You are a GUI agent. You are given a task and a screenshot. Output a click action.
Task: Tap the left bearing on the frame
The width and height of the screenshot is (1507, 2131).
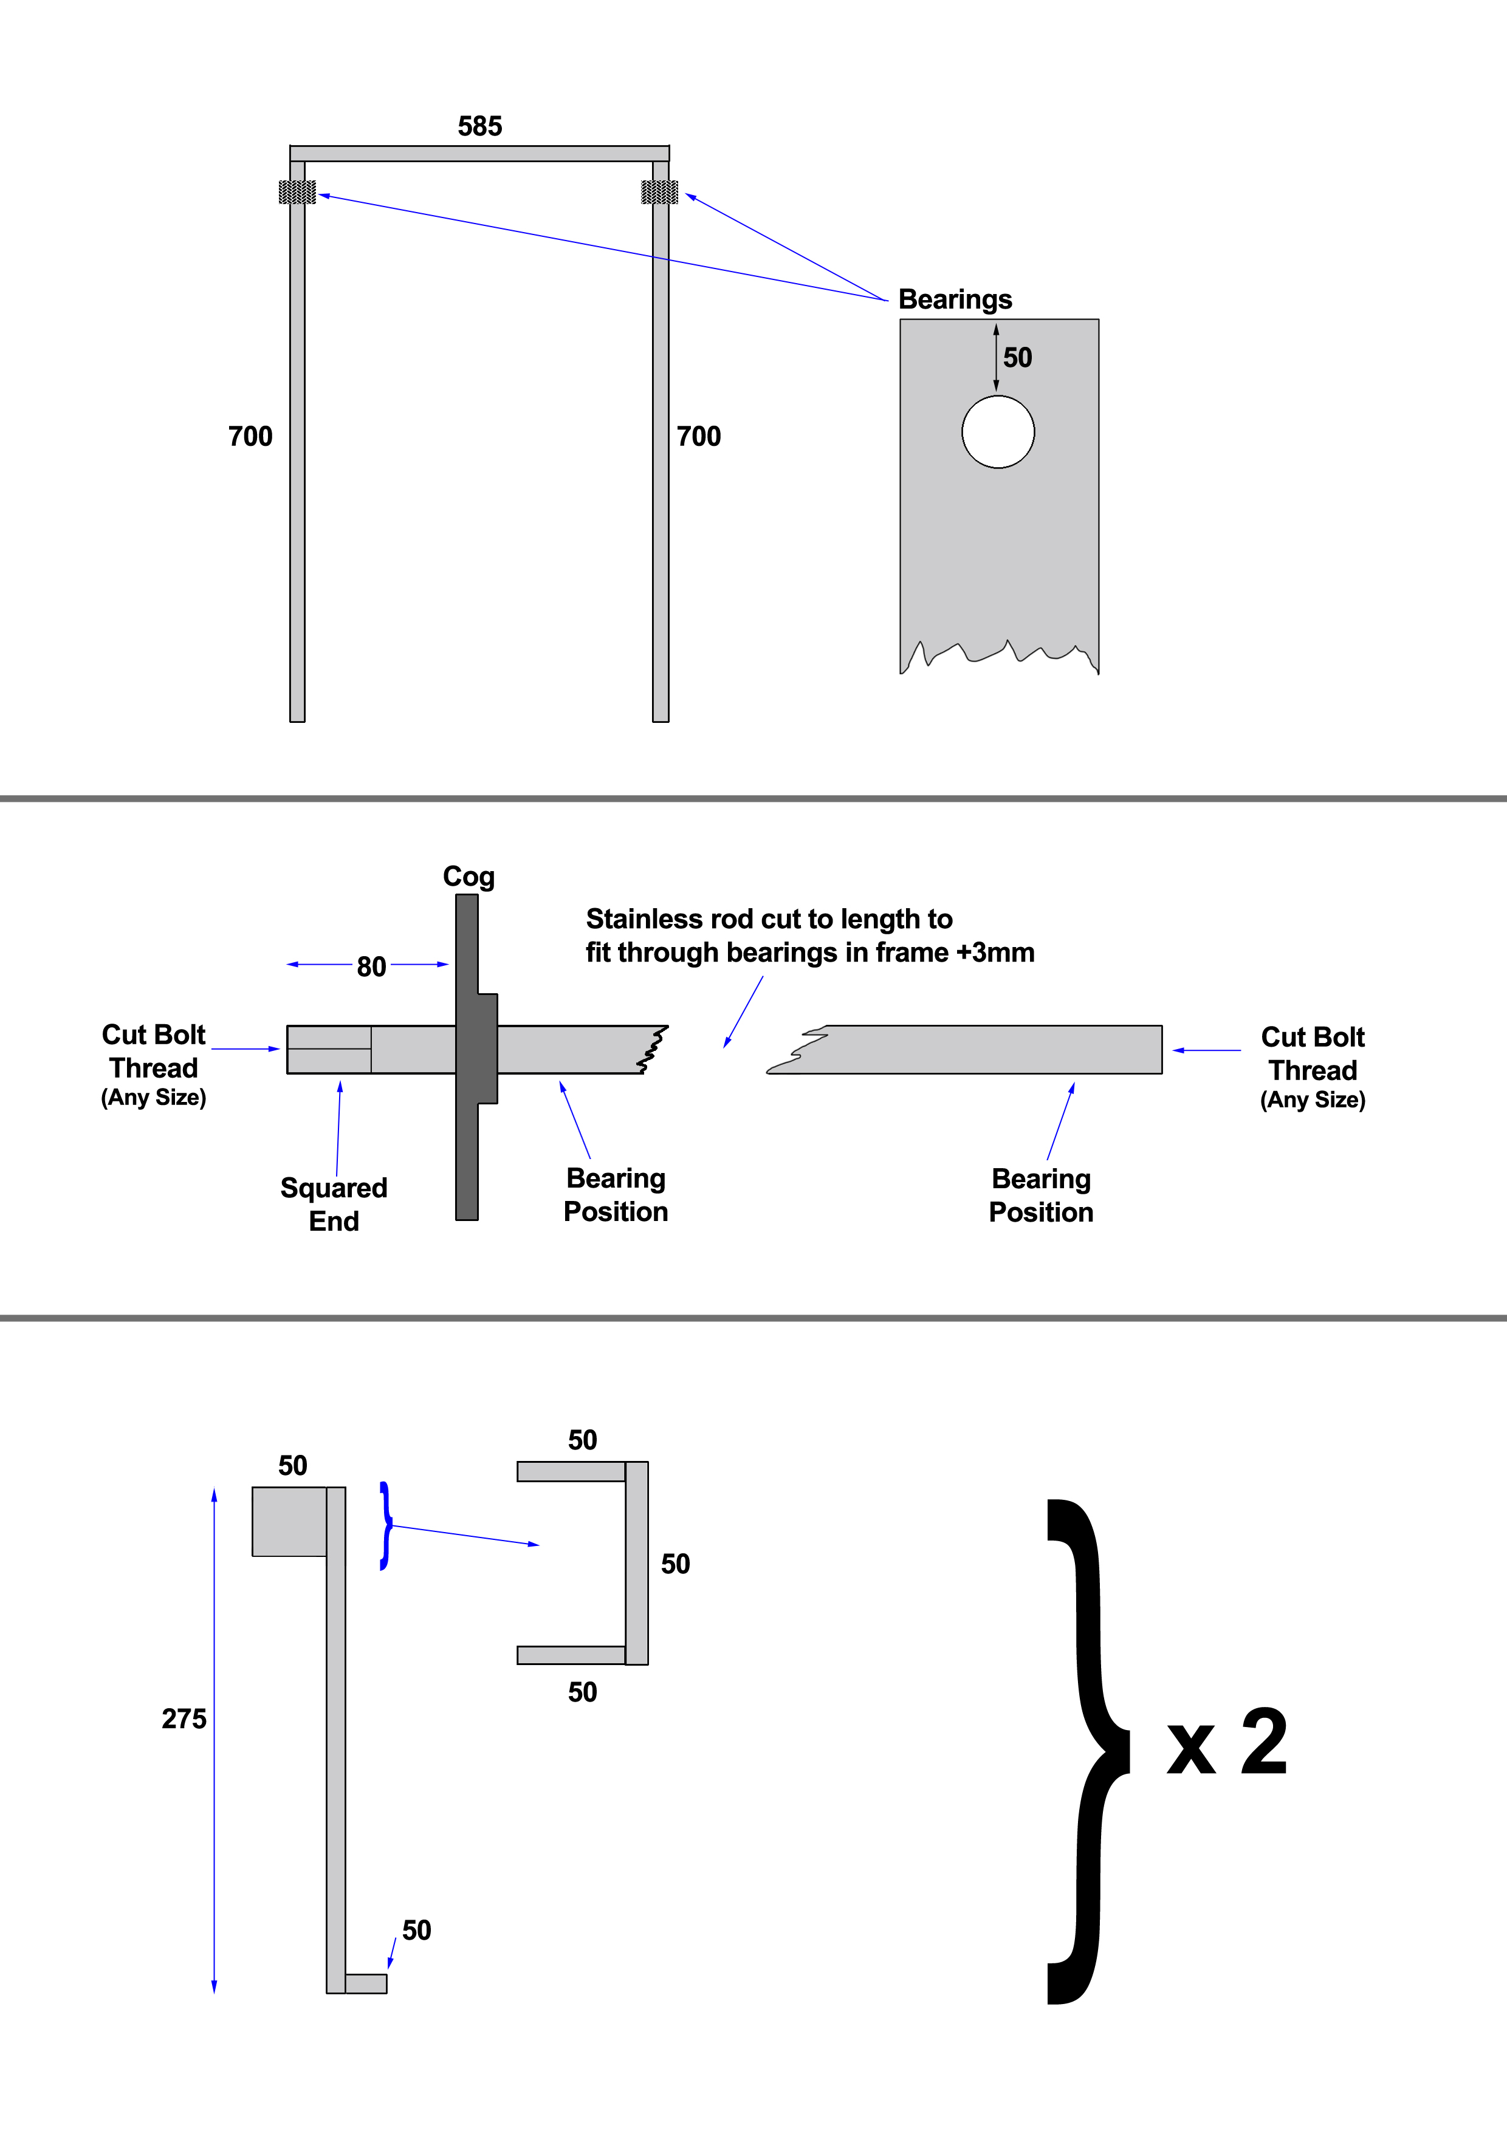[297, 192]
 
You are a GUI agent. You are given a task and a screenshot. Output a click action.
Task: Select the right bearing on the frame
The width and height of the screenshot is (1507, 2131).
[659, 192]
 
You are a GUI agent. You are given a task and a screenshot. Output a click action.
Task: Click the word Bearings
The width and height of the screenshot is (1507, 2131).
[955, 300]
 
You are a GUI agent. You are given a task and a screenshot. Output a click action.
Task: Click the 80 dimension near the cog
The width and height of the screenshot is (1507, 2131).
[371, 967]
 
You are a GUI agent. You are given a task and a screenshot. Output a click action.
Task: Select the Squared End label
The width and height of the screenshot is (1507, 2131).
[334, 1204]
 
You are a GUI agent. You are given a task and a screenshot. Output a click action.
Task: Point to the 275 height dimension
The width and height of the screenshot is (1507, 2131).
[184, 1719]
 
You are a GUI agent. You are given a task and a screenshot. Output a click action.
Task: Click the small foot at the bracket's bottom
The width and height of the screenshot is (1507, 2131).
[366, 1983]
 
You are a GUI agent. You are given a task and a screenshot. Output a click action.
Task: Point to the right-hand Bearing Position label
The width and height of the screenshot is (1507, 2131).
[1041, 1195]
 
